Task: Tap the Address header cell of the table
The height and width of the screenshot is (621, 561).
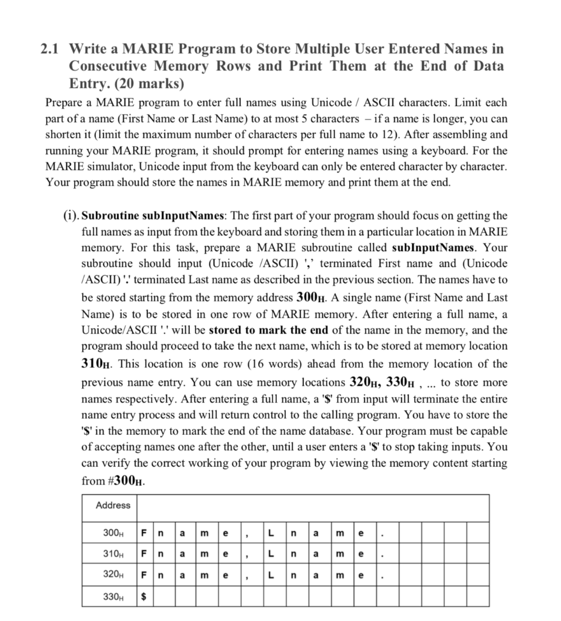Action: [113, 505]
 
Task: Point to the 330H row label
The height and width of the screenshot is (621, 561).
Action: [114, 596]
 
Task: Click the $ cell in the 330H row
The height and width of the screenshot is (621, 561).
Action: [144, 596]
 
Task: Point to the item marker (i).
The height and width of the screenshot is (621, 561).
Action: [70, 215]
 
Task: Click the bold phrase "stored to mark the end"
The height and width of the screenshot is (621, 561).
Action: [268, 331]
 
